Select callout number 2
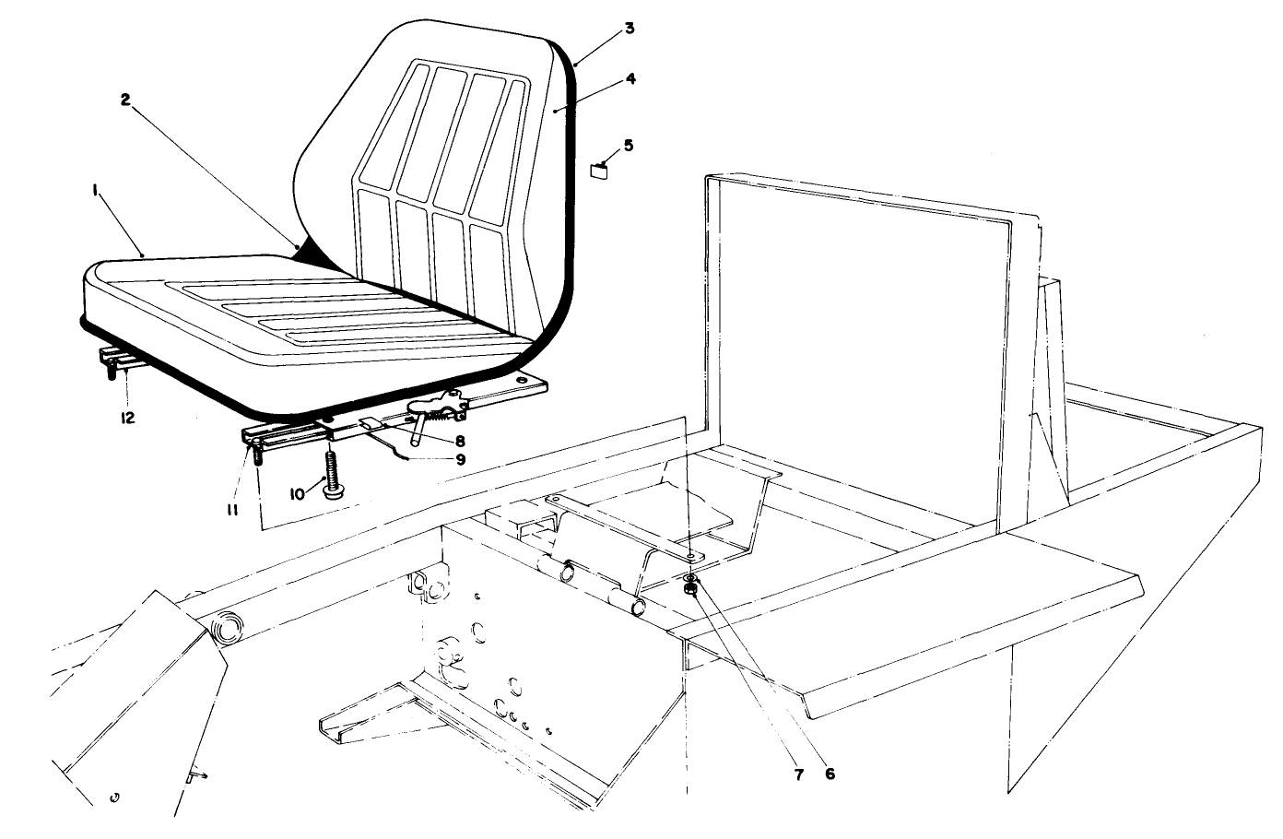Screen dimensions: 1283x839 point(125,100)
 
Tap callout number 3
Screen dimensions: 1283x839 point(629,29)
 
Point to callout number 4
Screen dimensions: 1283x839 point(630,79)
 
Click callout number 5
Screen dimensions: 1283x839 point(629,145)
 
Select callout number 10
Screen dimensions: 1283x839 point(297,494)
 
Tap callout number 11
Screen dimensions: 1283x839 point(233,508)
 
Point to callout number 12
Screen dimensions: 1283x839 point(127,418)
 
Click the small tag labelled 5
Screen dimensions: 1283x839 point(602,169)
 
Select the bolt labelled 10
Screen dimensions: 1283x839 point(330,474)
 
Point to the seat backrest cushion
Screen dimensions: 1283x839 point(433,157)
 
